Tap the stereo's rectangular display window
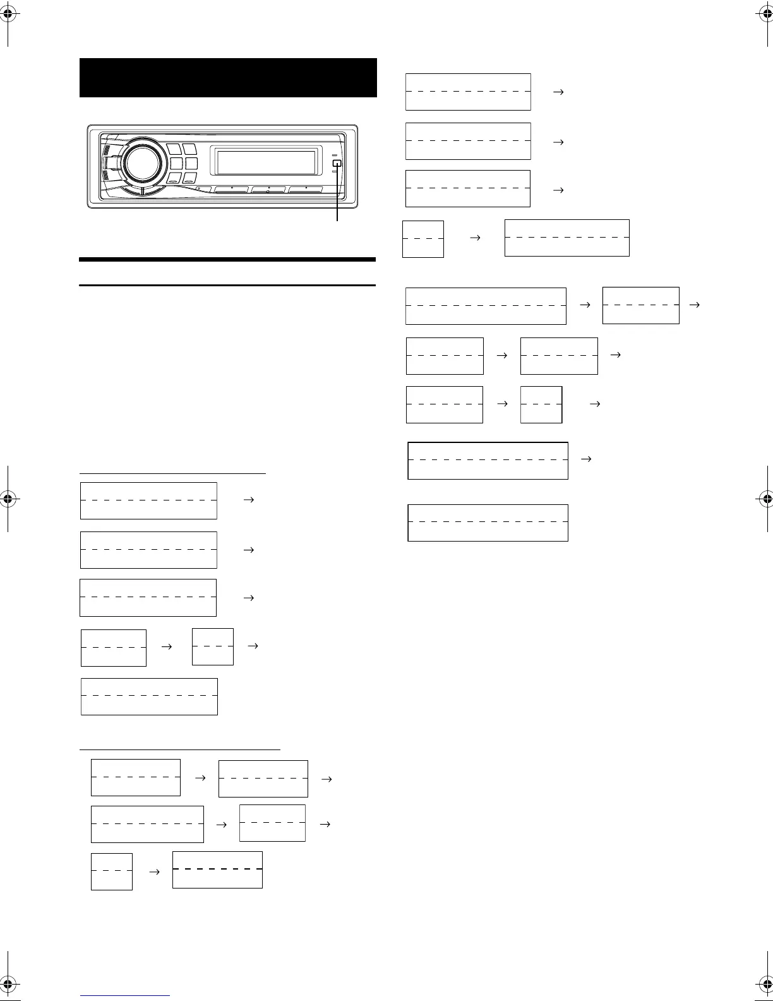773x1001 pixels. click(266, 163)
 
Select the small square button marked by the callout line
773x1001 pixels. click(337, 164)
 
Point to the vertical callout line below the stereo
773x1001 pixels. click(337, 196)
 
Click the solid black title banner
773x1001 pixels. click(228, 78)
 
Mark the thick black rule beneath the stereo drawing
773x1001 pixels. click(227, 259)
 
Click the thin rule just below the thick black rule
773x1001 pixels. click(227, 285)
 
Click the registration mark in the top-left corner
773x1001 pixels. click(9, 17)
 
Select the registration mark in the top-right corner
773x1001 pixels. click(764, 17)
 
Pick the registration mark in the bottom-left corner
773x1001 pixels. click(9, 984)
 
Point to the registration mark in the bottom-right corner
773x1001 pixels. click(764, 984)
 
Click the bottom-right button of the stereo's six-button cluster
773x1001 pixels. click(191, 179)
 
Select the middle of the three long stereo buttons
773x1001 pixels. click(268, 190)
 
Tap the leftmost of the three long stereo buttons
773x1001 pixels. click(231, 190)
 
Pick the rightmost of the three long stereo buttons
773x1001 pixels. click(306, 190)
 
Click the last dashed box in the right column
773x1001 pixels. click(488, 523)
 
